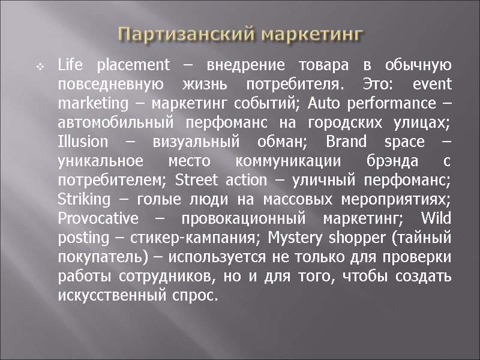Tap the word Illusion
coord(83,142)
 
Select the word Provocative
coord(98,218)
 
